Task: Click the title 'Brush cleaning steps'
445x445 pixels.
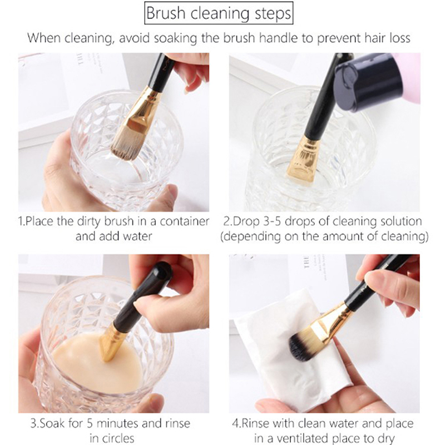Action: pos(219,13)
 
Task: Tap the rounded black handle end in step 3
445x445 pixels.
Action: pos(160,274)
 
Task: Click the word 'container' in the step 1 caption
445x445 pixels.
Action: pos(184,221)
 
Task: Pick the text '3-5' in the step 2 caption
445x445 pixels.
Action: pos(272,221)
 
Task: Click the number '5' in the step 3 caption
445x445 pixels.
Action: pos(90,423)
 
